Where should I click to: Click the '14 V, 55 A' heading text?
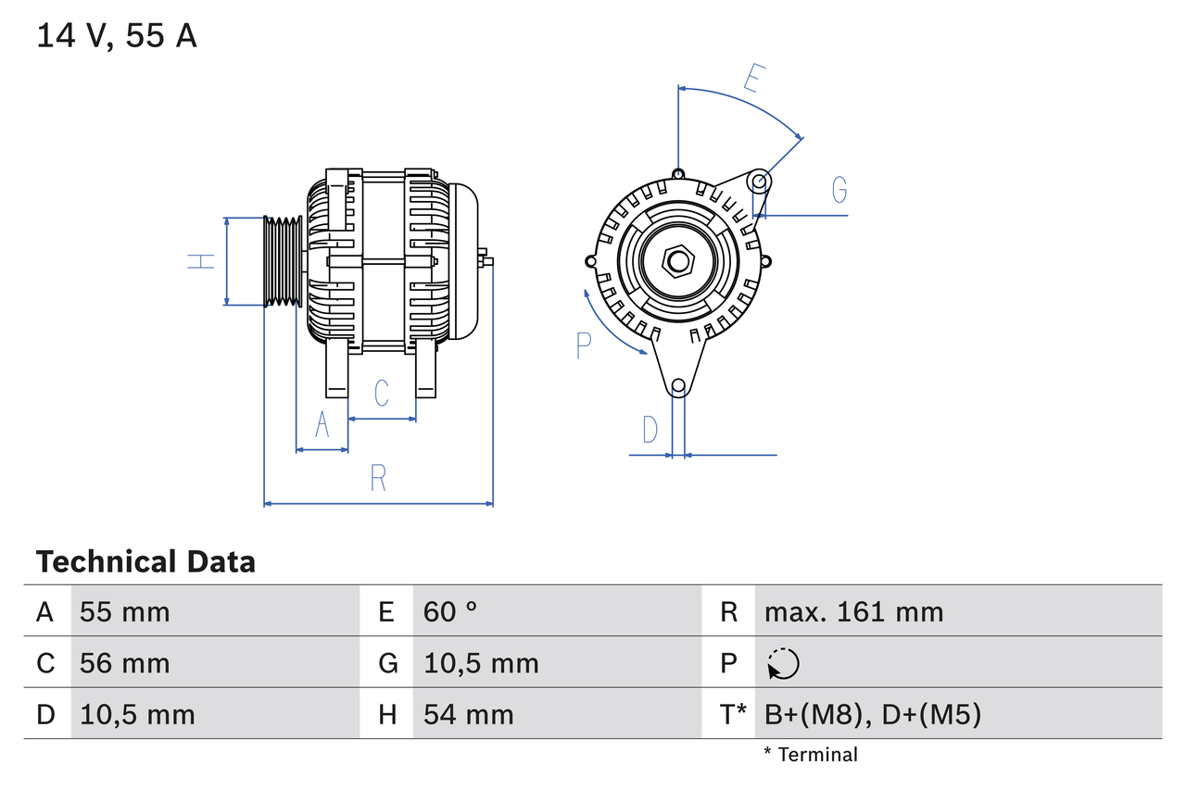[116, 36]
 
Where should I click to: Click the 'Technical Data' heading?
[145, 561]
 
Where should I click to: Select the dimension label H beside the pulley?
[200, 261]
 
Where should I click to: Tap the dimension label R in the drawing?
[378, 478]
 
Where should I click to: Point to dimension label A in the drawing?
[322, 424]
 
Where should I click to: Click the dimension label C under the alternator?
[382, 393]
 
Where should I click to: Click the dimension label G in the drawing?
[839, 189]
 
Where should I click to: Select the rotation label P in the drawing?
[583, 345]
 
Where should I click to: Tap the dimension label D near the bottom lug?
[650, 430]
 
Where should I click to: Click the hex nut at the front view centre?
[678, 261]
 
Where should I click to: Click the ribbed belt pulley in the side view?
[283, 261]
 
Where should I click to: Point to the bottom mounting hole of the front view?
[678, 385]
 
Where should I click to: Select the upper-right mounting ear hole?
[759, 181]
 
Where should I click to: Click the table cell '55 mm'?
[125, 611]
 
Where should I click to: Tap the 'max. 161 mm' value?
[853, 611]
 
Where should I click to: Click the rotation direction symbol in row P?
[783, 663]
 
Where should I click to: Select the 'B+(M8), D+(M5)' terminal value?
[872, 714]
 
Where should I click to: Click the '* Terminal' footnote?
[811, 755]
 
